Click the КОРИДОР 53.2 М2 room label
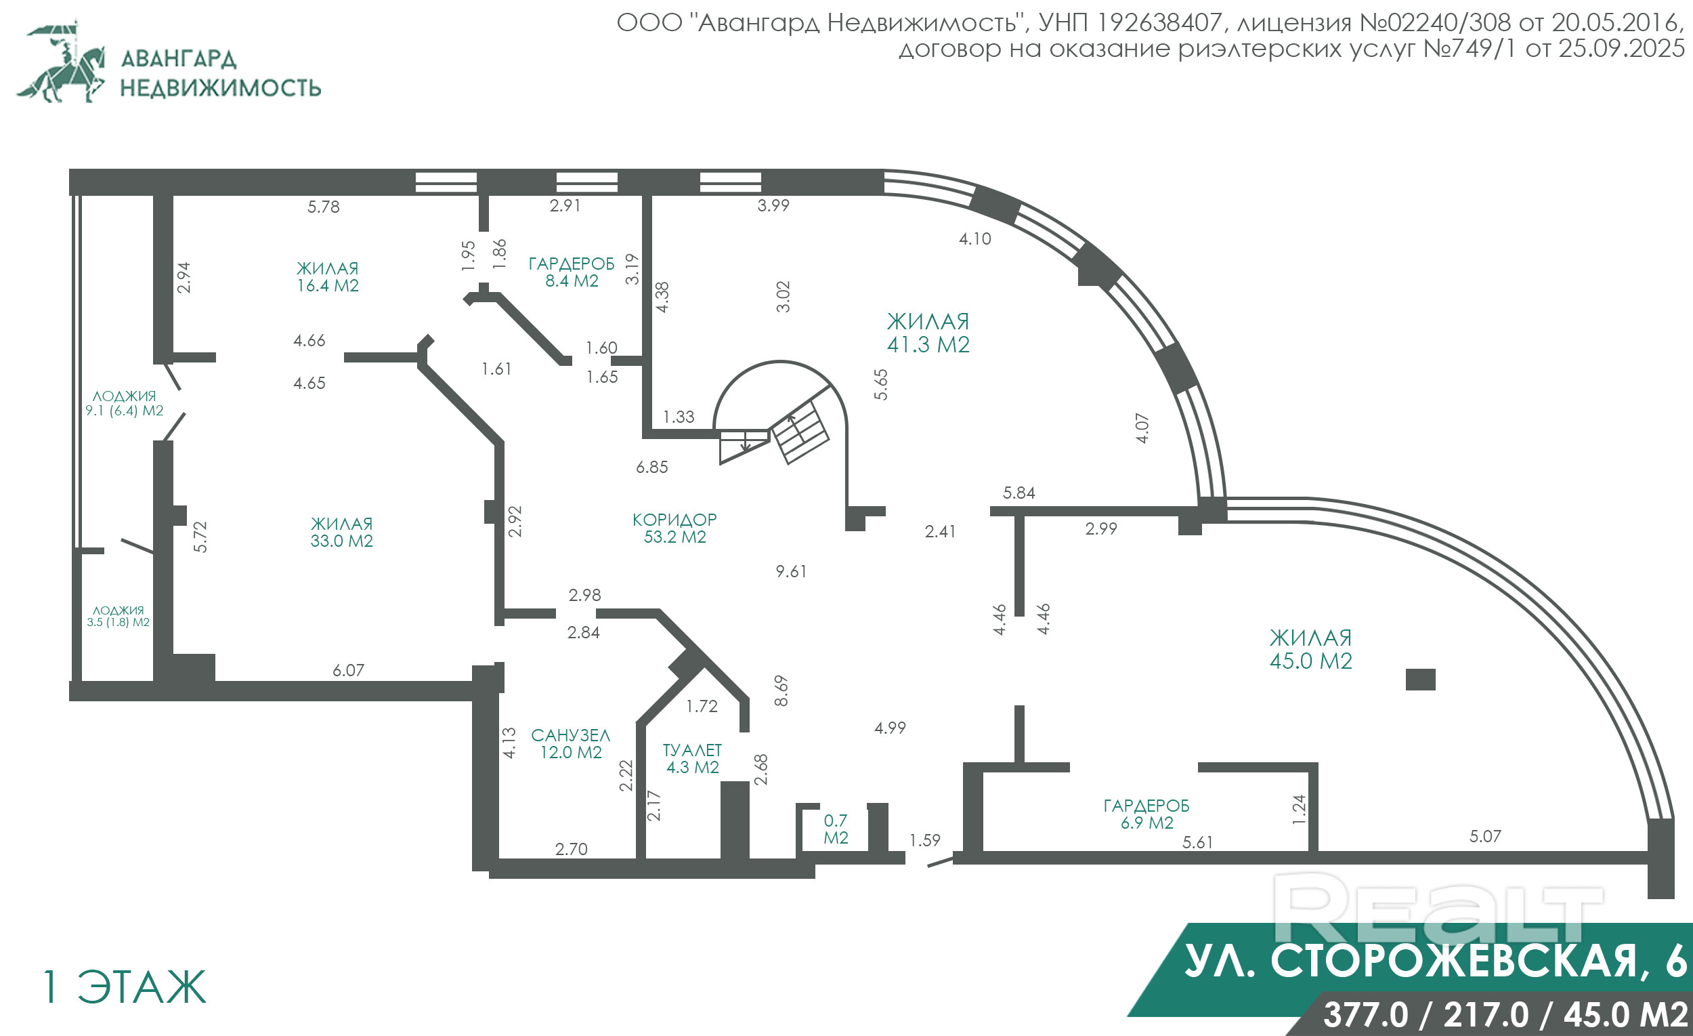tap(674, 528)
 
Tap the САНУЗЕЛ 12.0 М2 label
tap(570, 744)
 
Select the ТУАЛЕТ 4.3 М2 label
tap(692, 758)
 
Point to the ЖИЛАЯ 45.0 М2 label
tap(1311, 649)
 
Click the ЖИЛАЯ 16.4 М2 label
tap(328, 277)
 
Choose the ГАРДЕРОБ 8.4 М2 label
tap(572, 272)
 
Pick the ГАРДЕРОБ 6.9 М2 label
tap(1146, 814)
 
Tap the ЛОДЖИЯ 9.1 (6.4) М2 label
tap(125, 404)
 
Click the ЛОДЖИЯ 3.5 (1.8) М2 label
tap(119, 616)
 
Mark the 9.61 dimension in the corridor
tap(791, 571)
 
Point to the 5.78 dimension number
tap(323, 207)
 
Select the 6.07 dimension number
tap(348, 670)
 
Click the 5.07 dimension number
tap(1485, 837)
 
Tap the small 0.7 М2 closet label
tap(836, 829)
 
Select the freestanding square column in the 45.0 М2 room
tap(1420, 680)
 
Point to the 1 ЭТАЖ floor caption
tap(125, 987)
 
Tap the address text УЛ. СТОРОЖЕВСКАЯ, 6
tap(1435, 960)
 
